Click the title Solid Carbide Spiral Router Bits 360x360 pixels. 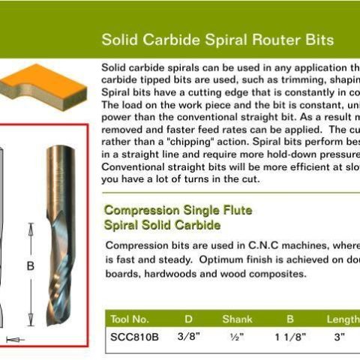pos(217,39)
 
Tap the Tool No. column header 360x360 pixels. pos(130,319)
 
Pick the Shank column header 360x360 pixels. pos(237,319)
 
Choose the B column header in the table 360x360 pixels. pos(289,319)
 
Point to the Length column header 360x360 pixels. pos(343,319)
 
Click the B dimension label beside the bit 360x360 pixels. pos(30,265)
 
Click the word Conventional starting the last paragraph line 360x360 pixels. pos(132,166)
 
